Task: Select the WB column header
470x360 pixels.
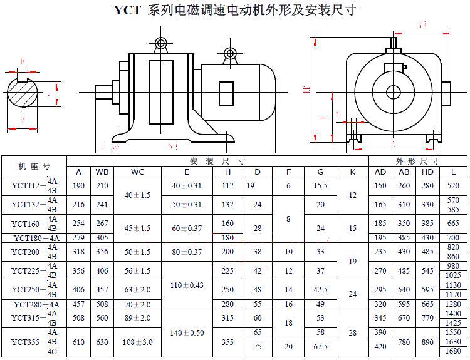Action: click(x=102, y=172)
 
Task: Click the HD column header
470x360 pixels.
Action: click(x=428, y=172)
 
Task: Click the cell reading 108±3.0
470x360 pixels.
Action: click(x=138, y=342)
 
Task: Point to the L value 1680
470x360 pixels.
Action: click(x=453, y=352)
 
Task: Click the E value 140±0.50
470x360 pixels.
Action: click(x=187, y=333)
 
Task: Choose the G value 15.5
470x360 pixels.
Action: click(x=320, y=186)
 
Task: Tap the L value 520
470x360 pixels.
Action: click(x=453, y=186)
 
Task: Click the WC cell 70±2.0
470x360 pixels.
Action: click(x=138, y=304)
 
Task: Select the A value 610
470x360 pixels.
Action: click(x=79, y=342)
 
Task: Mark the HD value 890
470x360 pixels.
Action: click(x=428, y=342)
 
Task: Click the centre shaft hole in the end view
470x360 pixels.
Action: click(x=394, y=92)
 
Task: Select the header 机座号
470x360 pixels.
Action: click(x=34, y=166)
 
